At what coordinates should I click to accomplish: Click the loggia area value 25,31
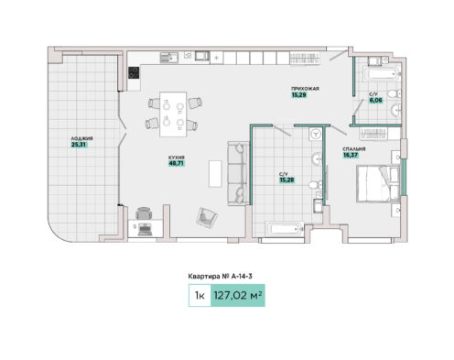79,145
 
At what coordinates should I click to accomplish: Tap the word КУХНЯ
177,158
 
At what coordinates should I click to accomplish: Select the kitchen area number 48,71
177,163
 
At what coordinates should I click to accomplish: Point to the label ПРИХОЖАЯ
305,89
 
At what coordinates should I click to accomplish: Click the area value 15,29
299,95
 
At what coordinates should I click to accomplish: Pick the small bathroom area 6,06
376,100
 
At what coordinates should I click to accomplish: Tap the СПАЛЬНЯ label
354,149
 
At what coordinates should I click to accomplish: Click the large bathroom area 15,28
287,180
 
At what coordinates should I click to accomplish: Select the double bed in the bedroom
378,183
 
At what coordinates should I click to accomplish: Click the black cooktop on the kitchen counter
134,72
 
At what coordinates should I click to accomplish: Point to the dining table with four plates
173,115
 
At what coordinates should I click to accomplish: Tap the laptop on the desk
144,229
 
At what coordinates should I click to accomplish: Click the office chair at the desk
143,213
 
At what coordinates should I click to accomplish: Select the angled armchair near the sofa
207,217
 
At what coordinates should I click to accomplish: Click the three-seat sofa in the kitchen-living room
238,173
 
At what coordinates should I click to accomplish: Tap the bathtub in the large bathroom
285,229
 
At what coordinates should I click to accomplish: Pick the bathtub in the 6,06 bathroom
382,74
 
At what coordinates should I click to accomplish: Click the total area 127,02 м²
238,296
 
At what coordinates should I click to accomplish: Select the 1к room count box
200,296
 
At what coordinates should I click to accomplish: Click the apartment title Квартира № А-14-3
220,277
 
